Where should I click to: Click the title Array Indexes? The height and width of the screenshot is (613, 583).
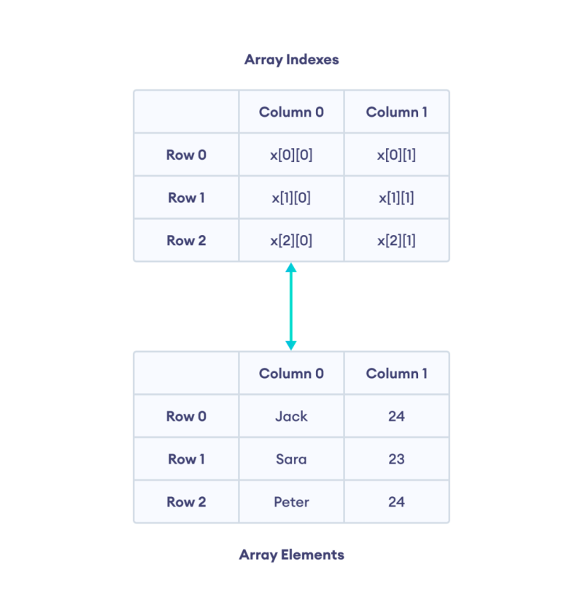pyautogui.click(x=291, y=60)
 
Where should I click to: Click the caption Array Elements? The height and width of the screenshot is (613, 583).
pyautogui.click(x=291, y=555)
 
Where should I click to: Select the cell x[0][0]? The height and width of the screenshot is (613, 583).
pyautogui.click(x=291, y=155)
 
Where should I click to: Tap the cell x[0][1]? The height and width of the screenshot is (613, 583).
pyautogui.click(x=396, y=155)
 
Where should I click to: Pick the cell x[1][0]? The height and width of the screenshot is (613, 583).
pyautogui.click(x=291, y=198)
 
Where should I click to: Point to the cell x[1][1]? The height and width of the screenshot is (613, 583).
pyautogui.click(x=396, y=198)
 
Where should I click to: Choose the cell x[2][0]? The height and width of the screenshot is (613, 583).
pyautogui.click(x=291, y=241)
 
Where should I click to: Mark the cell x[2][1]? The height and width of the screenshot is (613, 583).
pyautogui.click(x=396, y=241)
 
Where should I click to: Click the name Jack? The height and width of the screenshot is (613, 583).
pyautogui.click(x=291, y=417)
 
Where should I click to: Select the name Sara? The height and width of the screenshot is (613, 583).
pyautogui.click(x=291, y=459)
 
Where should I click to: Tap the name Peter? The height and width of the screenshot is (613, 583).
pyautogui.click(x=291, y=502)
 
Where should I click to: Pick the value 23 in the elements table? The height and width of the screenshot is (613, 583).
pyautogui.click(x=396, y=459)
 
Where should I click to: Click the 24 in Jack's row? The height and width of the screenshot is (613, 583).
pyautogui.click(x=396, y=417)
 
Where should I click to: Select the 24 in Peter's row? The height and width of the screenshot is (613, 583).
pyautogui.click(x=396, y=502)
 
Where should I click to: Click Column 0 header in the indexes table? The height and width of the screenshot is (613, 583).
pyautogui.click(x=291, y=112)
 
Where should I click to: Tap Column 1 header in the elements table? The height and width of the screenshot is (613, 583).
pyautogui.click(x=396, y=374)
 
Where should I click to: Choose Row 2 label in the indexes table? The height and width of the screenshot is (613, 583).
pyautogui.click(x=186, y=241)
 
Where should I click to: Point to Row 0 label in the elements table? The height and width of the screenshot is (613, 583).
pyautogui.click(x=186, y=417)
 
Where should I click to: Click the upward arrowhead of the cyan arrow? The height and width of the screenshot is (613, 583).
pyautogui.click(x=291, y=268)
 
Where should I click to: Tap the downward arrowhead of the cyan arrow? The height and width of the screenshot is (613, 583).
pyautogui.click(x=291, y=345)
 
